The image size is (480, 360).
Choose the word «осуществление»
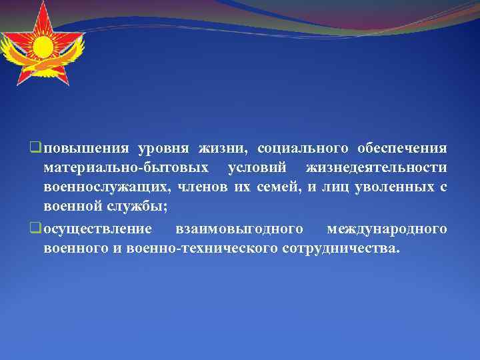tap(97, 229)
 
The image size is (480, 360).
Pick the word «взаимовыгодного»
tap(239, 229)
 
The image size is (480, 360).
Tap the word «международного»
tap(387, 229)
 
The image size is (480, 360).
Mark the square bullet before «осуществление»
tap(36, 229)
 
